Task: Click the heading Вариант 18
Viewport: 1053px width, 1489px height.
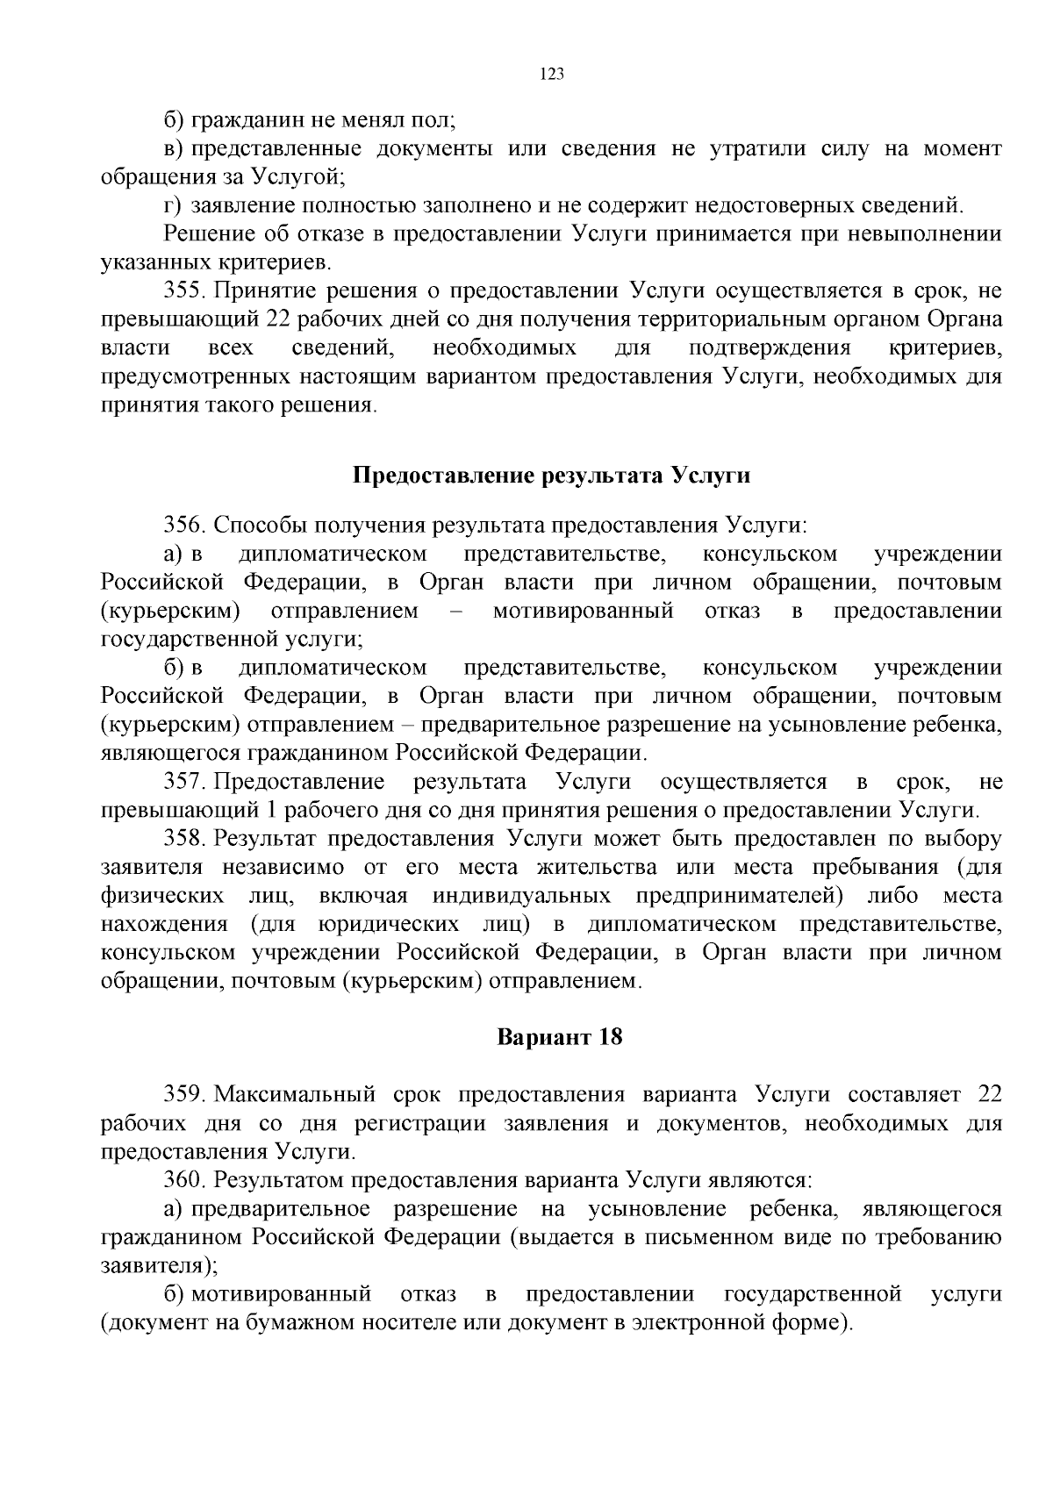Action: click(x=560, y=1037)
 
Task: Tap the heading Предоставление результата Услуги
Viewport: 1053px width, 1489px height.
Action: click(x=552, y=476)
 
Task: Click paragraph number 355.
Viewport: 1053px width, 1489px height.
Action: click(x=184, y=290)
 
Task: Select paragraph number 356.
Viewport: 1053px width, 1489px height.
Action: click(x=184, y=526)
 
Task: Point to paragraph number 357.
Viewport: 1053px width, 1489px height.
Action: click(x=184, y=781)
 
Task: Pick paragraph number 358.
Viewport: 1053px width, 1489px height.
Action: click(x=184, y=838)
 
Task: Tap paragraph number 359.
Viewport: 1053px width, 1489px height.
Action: click(x=184, y=1094)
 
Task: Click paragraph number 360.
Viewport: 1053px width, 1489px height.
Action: click(x=184, y=1180)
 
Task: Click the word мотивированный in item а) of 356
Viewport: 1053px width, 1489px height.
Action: click(x=583, y=611)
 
